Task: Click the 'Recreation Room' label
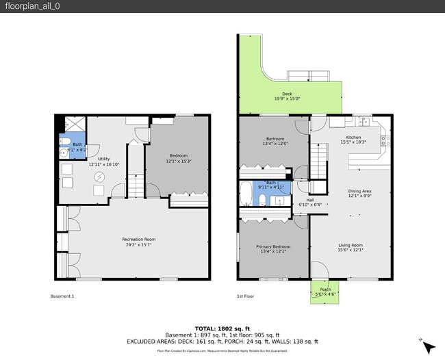[x=138, y=240]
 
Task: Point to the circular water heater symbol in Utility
[x=100, y=177]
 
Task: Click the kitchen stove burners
[x=386, y=142]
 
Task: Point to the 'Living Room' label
[x=351, y=245]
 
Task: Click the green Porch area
[x=325, y=290]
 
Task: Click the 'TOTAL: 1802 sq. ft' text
[x=222, y=329]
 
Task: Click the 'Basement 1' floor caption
[x=62, y=296]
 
